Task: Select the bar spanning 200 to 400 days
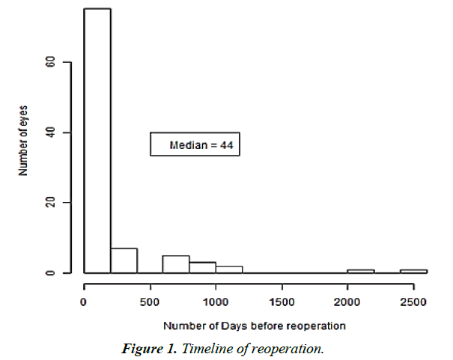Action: (x=124, y=260)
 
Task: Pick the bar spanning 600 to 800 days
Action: (x=176, y=264)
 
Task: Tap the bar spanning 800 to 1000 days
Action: (x=202, y=267)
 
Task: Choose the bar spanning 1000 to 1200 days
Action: (x=228, y=269)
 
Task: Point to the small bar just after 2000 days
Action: (x=360, y=271)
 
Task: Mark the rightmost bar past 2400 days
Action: (x=413, y=271)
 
